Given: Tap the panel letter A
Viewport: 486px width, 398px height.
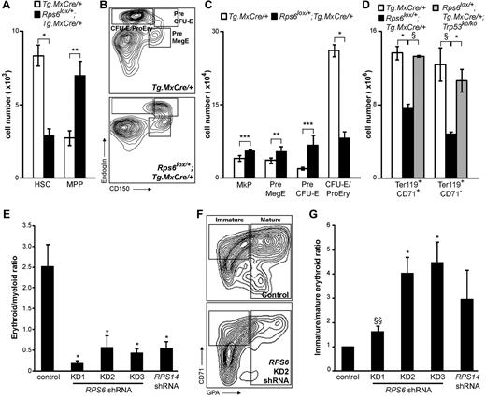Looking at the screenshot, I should (7, 7).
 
